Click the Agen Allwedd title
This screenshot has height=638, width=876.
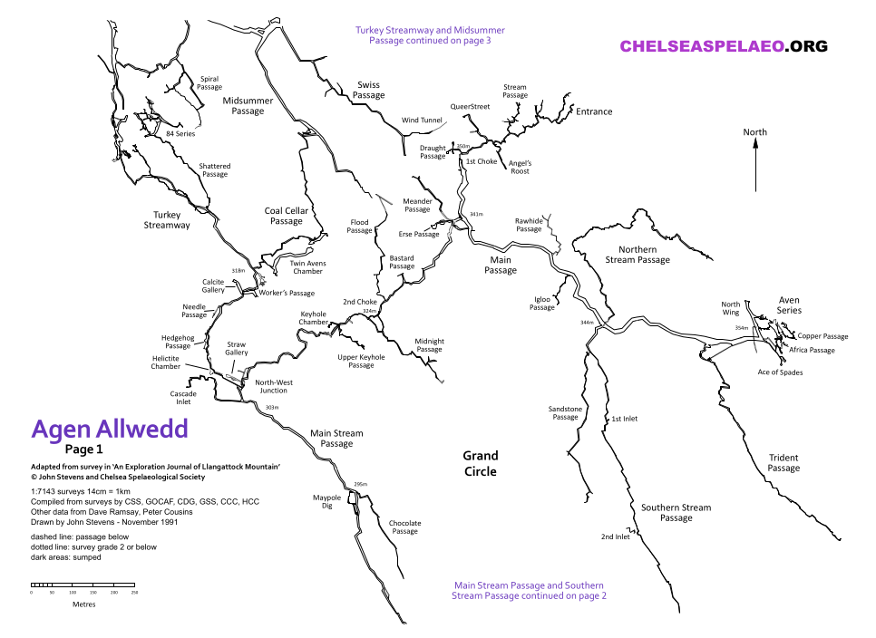(x=110, y=428)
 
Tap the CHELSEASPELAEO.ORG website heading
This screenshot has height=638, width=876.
(x=724, y=46)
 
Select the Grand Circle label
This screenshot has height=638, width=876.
(x=481, y=463)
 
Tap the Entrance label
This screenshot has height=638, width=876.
(x=594, y=111)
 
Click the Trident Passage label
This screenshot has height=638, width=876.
(x=784, y=463)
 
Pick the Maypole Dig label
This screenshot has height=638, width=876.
(x=326, y=502)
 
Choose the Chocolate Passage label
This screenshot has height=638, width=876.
(x=404, y=527)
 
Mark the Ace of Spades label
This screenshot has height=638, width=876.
(x=780, y=372)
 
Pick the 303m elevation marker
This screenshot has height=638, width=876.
(x=272, y=408)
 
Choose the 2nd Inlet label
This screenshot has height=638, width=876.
(x=615, y=536)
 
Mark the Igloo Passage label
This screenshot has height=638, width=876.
(x=541, y=303)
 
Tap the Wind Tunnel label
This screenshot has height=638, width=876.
(x=422, y=120)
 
